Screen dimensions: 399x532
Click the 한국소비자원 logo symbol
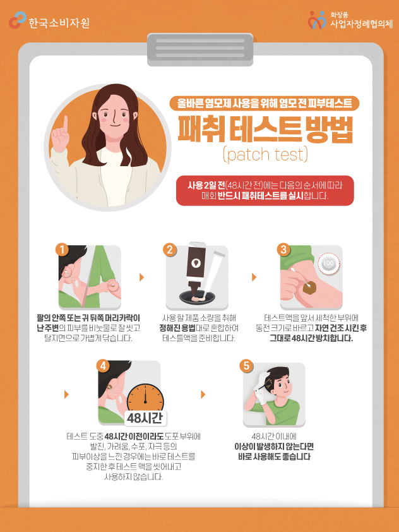17,20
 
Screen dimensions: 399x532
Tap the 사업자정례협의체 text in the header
361,24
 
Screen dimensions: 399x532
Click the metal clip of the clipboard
200,49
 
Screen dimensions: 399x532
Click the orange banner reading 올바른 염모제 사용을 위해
264,104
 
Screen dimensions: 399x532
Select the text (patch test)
265,154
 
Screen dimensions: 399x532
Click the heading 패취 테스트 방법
265,129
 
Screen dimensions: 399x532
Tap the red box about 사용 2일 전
265,190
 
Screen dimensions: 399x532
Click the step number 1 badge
63,250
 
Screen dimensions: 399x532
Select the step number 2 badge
170,250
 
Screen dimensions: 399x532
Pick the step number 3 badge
283,250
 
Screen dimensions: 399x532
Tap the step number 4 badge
103,366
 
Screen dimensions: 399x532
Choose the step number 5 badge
246,366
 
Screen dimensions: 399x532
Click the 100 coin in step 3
328,263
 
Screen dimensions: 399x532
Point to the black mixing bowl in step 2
197,298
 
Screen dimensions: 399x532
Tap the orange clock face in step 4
145,400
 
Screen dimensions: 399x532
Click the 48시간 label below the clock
145,418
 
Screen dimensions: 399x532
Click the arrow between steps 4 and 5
203,394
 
